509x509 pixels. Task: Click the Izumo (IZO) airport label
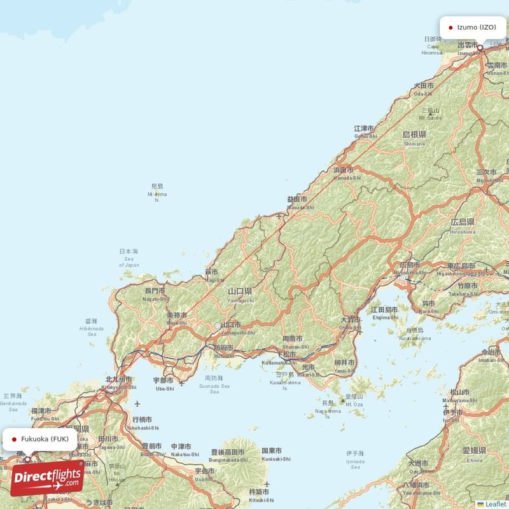click(473, 27)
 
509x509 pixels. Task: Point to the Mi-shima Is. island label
click(157, 193)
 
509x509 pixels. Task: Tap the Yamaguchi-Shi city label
click(242, 332)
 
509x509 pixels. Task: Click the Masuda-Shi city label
click(300, 207)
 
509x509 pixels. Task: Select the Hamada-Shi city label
click(347, 178)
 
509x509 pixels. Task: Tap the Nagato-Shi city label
click(155, 298)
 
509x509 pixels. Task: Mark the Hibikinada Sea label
click(91, 328)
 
